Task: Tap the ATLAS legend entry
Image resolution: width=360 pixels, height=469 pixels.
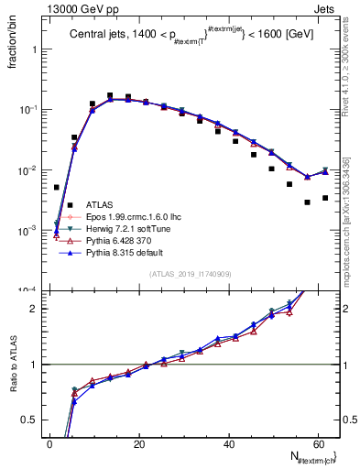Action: tap(99, 204)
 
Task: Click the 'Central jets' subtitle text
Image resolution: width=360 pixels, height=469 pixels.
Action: tap(99, 35)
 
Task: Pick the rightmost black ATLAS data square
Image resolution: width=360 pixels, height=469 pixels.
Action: tap(325, 198)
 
